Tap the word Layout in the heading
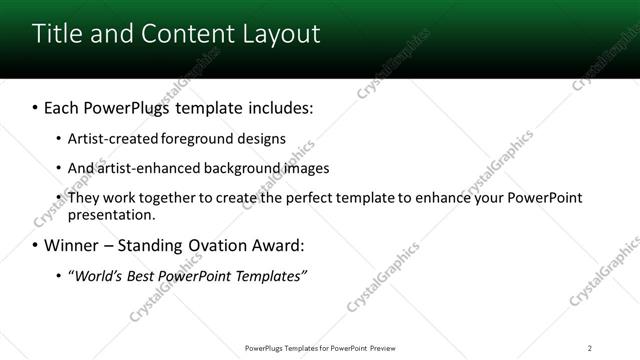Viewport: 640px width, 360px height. pos(279,33)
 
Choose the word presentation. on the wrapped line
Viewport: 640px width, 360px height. pos(111,214)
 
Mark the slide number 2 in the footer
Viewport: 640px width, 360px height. pos(590,347)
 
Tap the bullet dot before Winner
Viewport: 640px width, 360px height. pos(35,245)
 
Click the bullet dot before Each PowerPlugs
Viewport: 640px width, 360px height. pos(35,106)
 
